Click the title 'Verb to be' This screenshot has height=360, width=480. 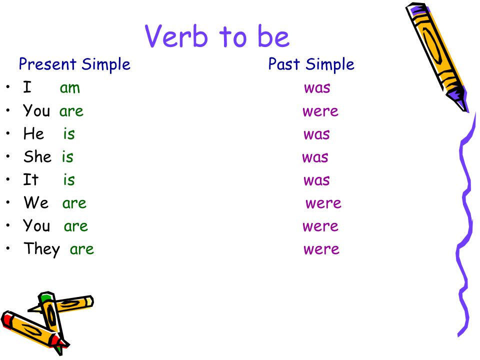217,36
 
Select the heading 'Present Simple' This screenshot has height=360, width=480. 74,64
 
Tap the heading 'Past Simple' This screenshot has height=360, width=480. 311,64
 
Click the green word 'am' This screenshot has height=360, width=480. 70,88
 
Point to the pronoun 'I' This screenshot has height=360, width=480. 27,88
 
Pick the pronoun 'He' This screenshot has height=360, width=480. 33,134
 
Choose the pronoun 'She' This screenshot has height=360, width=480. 37,157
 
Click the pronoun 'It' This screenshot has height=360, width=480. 30,180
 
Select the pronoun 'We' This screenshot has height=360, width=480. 36,203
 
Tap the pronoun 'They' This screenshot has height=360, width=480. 41,249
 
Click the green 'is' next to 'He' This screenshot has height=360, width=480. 69,134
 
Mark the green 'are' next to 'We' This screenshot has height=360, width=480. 74,203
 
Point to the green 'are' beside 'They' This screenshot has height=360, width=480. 82,249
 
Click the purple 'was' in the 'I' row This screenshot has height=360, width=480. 317,88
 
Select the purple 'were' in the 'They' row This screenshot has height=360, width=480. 321,249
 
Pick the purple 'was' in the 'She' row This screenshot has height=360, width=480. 315,157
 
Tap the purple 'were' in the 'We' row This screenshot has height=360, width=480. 323,203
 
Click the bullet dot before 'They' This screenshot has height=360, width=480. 8,248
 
